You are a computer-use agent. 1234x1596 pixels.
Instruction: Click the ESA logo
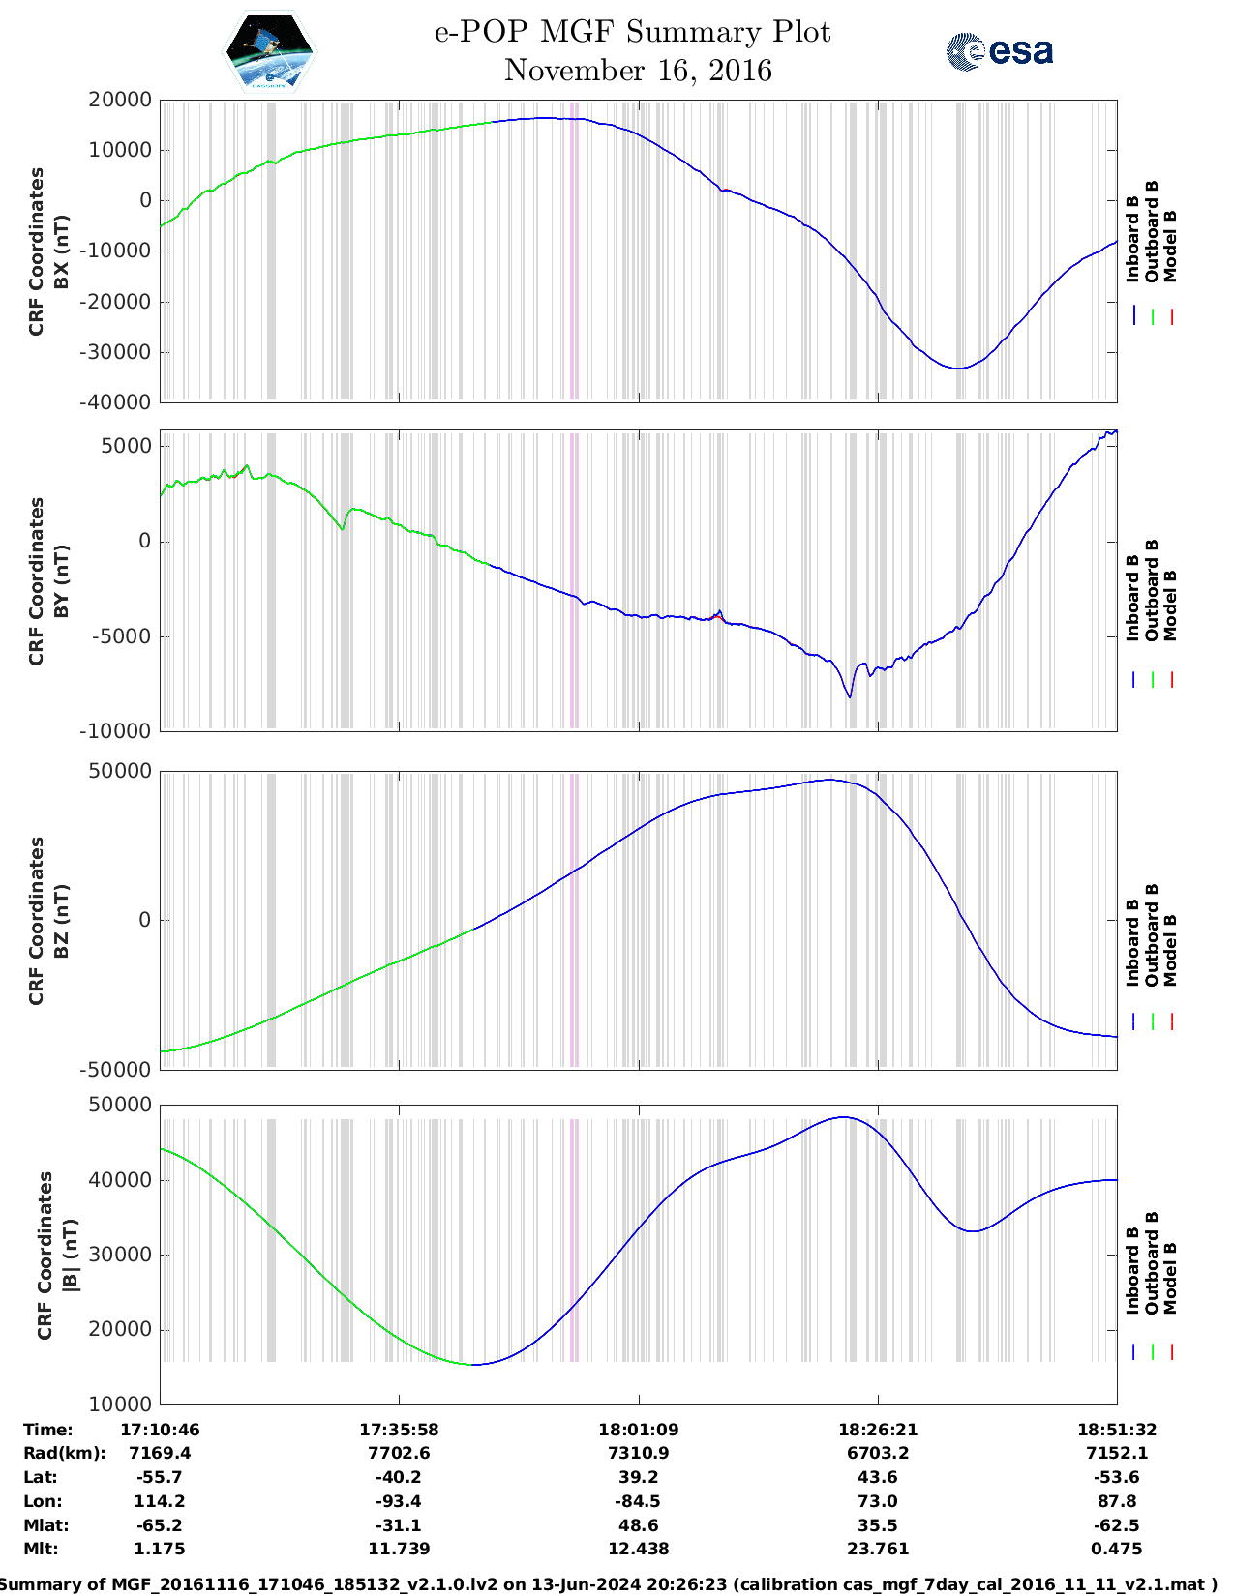tap(999, 51)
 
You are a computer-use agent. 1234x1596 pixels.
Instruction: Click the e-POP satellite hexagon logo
tap(269, 51)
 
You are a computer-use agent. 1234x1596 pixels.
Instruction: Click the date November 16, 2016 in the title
tap(638, 71)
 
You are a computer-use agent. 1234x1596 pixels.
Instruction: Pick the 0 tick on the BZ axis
tap(145, 920)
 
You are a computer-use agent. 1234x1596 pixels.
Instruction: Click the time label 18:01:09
tap(638, 1430)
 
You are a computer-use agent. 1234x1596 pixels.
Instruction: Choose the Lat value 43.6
tap(878, 1477)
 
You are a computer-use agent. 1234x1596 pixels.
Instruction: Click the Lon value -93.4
tap(399, 1501)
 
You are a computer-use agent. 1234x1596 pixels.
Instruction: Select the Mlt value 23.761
tap(878, 1549)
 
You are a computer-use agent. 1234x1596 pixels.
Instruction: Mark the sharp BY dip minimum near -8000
tap(850, 696)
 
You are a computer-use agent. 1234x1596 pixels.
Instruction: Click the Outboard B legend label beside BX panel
tap(1152, 232)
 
